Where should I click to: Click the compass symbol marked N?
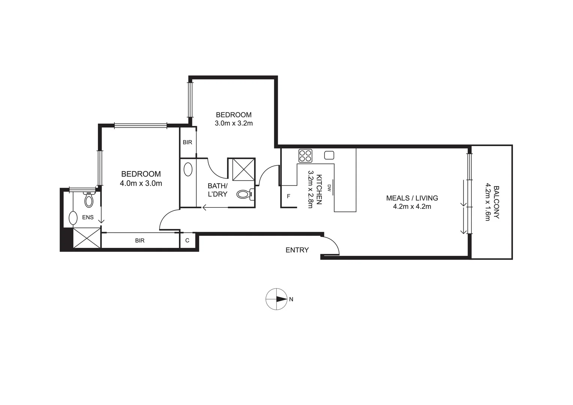click(277, 299)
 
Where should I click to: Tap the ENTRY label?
click(297, 250)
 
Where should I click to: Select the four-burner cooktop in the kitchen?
click(305, 156)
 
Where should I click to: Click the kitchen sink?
click(329, 155)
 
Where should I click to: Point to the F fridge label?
click(288, 196)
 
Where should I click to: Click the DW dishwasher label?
click(329, 187)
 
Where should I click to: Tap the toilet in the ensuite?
click(88, 200)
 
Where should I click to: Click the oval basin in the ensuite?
click(73, 217)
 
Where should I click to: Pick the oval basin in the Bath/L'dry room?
click(188, 169)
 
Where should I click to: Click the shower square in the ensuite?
click(87, 238)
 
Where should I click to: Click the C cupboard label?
click(187, 240)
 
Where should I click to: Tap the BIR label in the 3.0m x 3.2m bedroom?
click(187, 142)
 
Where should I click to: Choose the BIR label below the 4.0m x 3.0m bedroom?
click(140, 241)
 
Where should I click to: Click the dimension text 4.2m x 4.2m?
click(412, 207)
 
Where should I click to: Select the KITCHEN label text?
click(319, 189)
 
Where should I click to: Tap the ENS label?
click(88, 217)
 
